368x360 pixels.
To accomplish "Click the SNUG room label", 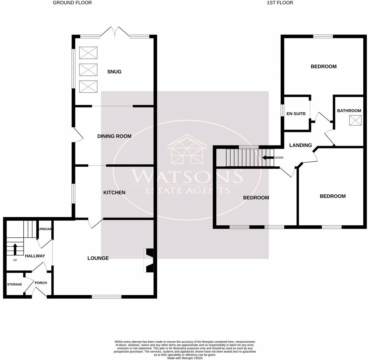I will pos(114,72).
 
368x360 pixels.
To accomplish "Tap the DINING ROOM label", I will pos(114,136).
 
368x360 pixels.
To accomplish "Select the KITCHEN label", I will pos(114,193).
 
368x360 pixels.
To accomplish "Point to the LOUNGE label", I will pos(98,258).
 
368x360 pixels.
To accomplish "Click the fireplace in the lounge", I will pos(149,260).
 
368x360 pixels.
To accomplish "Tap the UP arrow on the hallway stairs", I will pos(15,249).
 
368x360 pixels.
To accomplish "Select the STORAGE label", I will pos(15,284).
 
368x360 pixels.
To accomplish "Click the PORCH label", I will pos(41,283).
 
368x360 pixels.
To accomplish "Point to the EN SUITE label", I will pos(296,114).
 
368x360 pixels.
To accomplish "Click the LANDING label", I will pos(300,145).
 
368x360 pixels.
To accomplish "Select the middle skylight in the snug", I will pos(89,70).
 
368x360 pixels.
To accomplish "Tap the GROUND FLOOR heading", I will pos(72,3).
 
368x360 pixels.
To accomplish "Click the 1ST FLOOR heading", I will pos(280,3).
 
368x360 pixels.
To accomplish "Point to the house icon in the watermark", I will pos(186,150).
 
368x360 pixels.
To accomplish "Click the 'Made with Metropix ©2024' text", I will pos(185,358).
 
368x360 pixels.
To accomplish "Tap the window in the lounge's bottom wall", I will pos(107,297).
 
